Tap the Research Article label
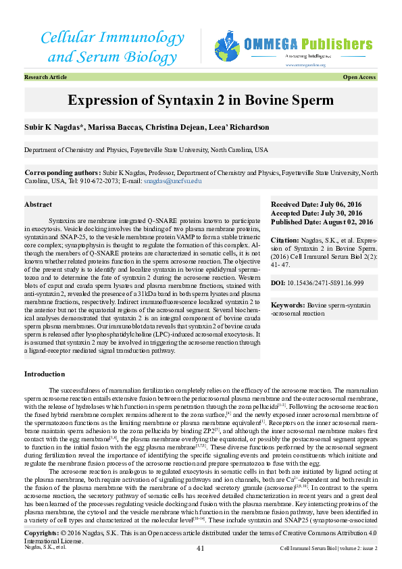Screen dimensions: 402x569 [45, 78]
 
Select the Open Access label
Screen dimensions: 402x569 [359, 78]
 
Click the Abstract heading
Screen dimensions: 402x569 [38, 204]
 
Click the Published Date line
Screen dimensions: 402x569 [322, 222]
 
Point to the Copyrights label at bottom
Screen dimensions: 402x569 [45, 553]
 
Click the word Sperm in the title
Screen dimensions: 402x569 [311, 101]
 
